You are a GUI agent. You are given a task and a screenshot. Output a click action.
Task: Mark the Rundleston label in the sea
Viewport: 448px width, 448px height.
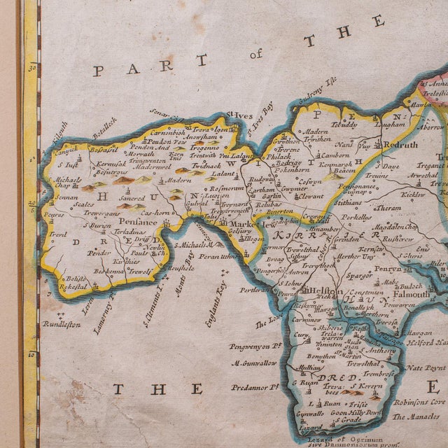click(61, 324)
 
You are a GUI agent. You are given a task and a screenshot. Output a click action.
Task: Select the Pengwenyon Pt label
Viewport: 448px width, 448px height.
click(253, 345)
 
